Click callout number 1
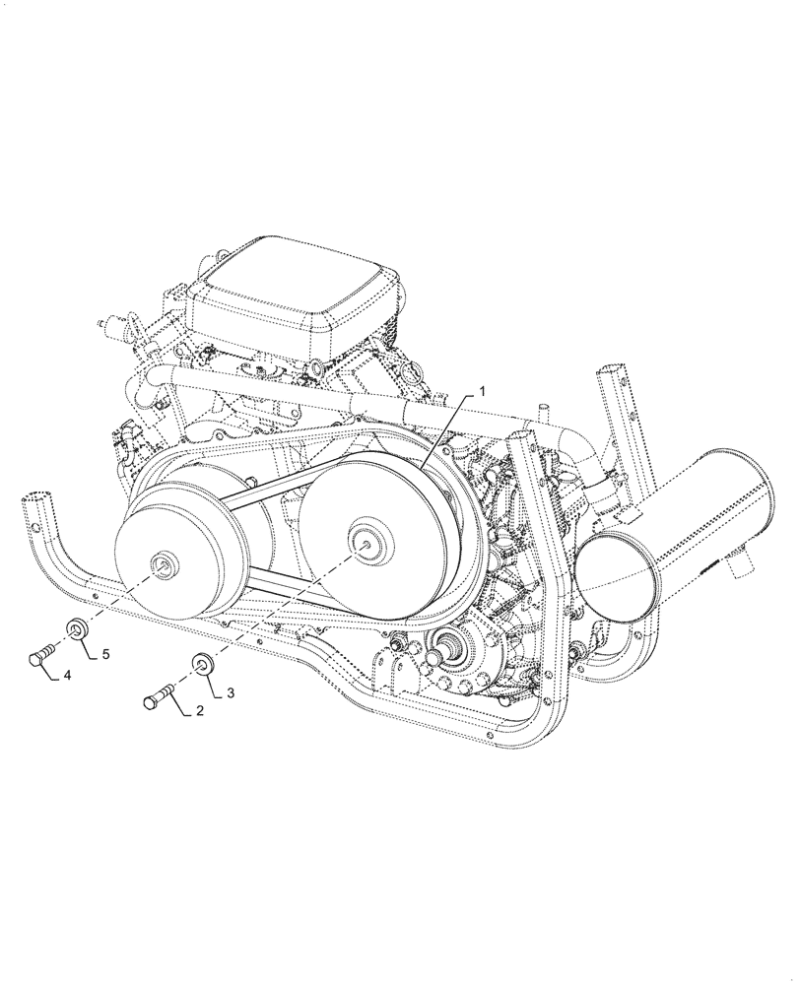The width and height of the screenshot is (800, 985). click(483, 392)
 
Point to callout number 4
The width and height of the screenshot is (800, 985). click(67, 676)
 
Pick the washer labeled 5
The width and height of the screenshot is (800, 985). click(77, 629)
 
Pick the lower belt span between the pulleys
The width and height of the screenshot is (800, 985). click(276, 582)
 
